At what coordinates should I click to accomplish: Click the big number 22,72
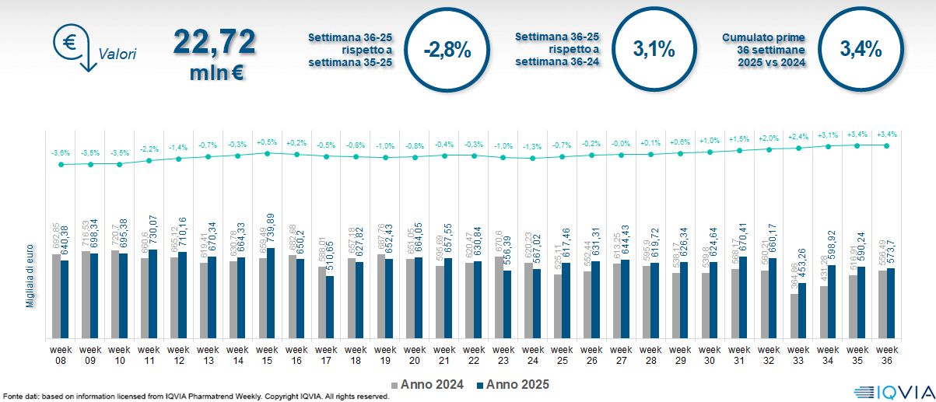tap(214, 42)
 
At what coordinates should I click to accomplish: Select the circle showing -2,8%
tap(447, 50)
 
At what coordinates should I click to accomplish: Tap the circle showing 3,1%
tap(654, 49)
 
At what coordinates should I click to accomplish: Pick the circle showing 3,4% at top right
tap(861, 49)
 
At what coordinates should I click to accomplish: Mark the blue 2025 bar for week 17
tap(330, 307)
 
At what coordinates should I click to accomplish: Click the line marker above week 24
tap(532, 158)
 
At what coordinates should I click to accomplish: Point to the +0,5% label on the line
tap(267, 142)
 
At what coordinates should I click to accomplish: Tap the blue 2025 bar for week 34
tap(833, 302)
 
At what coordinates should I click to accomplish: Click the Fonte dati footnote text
tap(195, 397)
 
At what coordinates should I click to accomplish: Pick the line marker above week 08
tap(60, 164)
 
